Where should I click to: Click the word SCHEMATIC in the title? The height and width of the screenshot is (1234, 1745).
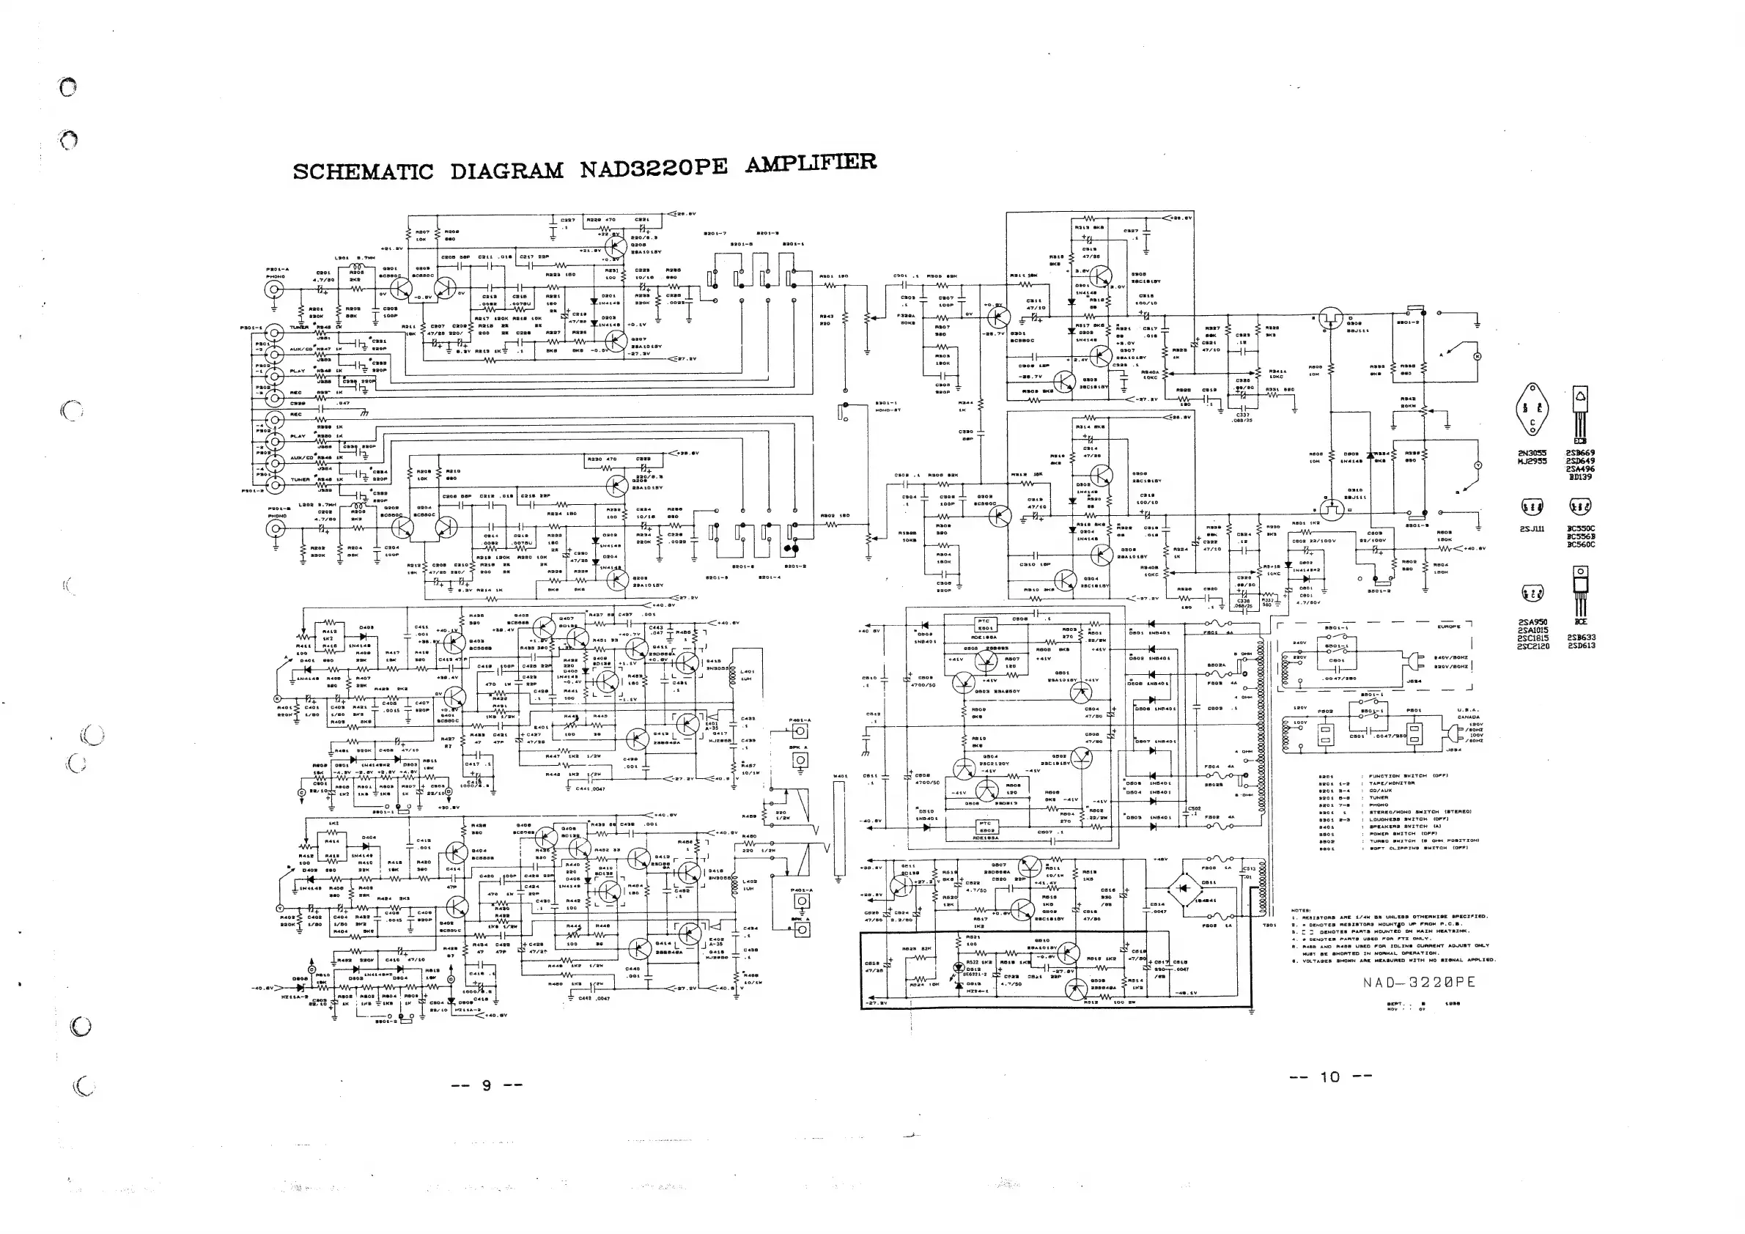coord(363,171)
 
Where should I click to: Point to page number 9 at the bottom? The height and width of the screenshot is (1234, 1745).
coord(487,1085)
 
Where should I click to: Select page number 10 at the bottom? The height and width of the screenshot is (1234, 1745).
coord(1330,1076)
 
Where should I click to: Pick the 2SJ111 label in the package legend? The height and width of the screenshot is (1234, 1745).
coord(1532,529)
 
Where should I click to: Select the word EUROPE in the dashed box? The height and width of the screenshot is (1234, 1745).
coord(1449,627)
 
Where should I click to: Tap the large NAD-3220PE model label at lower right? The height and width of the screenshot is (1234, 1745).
coord(1419,983)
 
